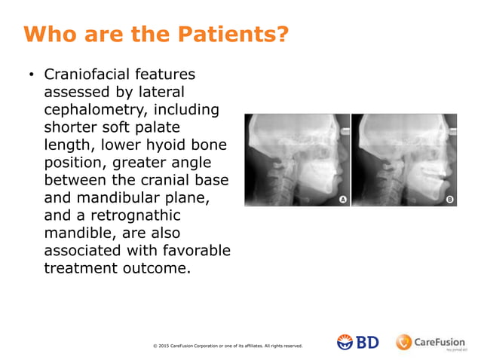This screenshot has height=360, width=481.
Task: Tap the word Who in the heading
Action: click(48, 35)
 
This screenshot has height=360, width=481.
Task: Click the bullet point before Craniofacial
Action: click(32, 76)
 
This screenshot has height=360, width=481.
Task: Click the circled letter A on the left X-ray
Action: click(342, 200)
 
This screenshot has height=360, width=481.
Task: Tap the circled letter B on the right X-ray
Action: click(449, 200)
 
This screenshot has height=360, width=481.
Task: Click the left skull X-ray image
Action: click(297, 160)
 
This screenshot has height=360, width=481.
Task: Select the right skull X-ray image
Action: click(404, 160)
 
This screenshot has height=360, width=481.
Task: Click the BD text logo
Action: click(367, 342)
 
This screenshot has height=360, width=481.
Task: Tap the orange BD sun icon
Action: click(345, 342)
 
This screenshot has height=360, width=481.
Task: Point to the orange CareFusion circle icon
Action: click(404, 342)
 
